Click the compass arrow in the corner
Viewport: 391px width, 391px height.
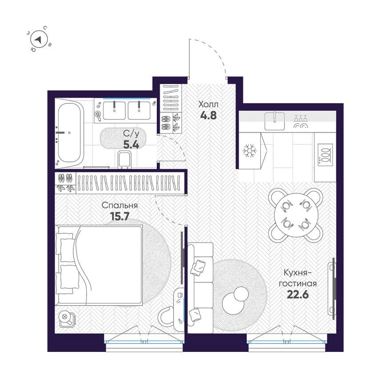[x=38, y=40]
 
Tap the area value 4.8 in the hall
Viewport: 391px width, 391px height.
[x=208, y=116]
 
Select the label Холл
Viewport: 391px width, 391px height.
[x=208, y=104]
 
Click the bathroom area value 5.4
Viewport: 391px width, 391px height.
[x=131, y=145]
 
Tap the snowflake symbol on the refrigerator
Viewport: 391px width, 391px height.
[x=250, y=151]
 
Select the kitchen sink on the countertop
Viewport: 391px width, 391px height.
[x=275, y=121]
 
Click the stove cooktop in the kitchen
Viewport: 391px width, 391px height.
[x=325, y=155]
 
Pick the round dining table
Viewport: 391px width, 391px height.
[x=296, y=215]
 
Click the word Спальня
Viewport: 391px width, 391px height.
[x=120, y=205]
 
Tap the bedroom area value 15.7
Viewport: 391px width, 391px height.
[x=120, y=216]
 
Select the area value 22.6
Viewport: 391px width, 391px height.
[x=298, y=295]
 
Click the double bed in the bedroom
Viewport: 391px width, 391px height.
[x=99, y=265]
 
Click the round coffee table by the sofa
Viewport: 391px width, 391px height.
[x=235, y=301]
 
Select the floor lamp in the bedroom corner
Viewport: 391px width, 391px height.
[x=66, y=319]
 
